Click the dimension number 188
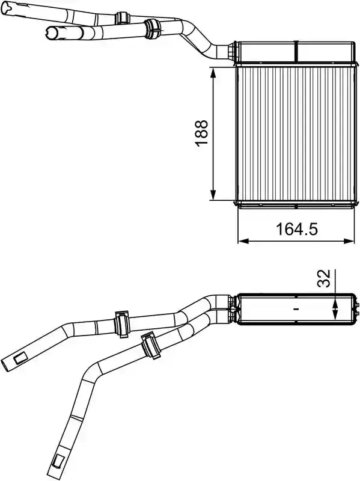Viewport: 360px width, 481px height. [201, 133]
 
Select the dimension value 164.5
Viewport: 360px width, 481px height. [297, 229]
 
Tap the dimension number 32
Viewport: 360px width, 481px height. [324, 278]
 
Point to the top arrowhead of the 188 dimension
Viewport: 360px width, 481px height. [213, 73]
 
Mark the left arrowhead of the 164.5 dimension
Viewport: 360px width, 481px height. [243, 241]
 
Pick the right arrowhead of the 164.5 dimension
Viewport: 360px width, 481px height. [349, 241]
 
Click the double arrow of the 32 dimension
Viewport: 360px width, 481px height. [335, 309]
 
